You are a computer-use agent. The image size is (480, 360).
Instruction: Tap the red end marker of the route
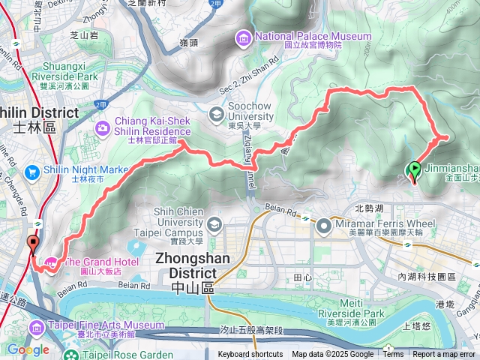click(x=32, y=243)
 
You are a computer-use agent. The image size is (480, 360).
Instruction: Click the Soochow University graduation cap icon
click(x=216, y=115)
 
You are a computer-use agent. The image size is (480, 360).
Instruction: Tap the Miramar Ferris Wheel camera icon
click(x=324, y=224)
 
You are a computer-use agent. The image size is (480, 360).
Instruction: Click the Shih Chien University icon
click(x=215, y=225)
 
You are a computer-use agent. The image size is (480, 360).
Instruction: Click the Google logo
click(x=28, y=349)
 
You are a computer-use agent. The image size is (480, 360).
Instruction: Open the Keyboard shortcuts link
click(x=250, y=355)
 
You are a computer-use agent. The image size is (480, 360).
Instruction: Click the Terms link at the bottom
click(x=393, y=355)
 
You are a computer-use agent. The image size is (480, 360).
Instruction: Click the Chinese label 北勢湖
click(x=368, y=208)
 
